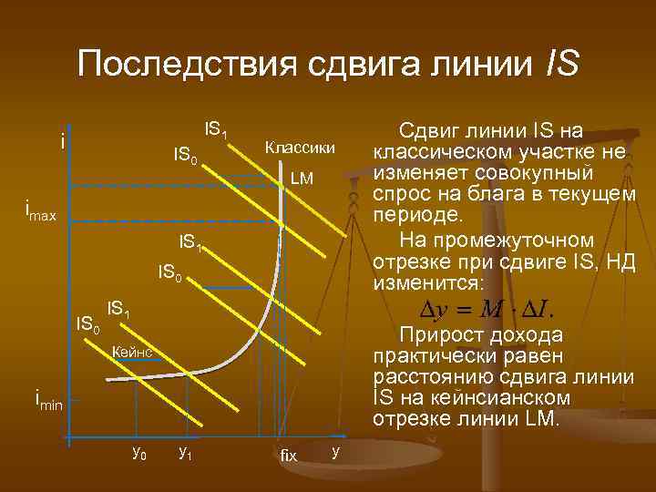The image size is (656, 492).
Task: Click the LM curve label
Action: click(x=302, y=179)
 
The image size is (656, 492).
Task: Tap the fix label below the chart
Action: click(x=288, y=454)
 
